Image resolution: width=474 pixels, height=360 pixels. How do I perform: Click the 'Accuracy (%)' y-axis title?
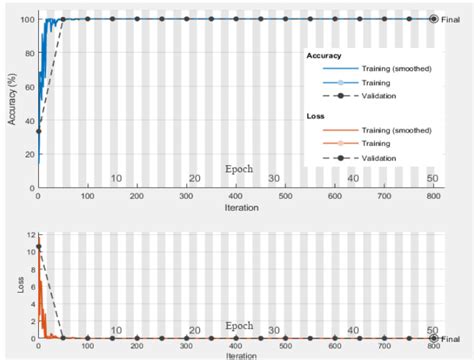(11, 98)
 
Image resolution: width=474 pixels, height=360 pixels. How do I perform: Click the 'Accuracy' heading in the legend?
(326, 57)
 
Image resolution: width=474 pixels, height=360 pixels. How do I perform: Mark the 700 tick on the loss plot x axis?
(383, 346)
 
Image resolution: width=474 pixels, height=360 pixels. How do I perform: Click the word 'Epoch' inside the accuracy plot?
(239, 169)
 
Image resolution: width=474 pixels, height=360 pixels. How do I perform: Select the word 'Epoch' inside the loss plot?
(239, 325)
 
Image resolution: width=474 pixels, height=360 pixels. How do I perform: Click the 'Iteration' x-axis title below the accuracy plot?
(236, 208)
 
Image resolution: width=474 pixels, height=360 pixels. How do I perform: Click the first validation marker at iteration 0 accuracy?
(38, 130)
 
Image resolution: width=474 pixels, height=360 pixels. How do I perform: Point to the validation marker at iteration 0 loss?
(38, 246)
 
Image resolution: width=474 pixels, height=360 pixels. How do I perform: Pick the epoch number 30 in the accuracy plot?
(273, 178)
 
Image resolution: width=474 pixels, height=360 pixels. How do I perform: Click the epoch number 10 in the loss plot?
(116, 330)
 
